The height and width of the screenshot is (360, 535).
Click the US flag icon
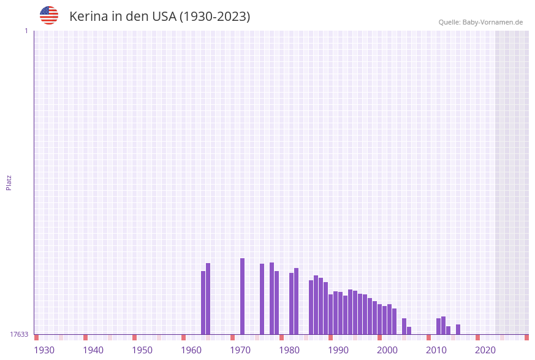(x=49, y=15)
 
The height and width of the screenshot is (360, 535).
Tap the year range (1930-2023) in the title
(x=214, y=17)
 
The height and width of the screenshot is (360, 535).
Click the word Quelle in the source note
(x=449, y=22)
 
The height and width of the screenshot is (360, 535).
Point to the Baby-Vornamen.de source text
(x=493, y=22)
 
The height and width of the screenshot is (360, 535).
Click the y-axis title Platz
(x=9, y=182)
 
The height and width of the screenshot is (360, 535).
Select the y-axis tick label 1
(x=26, y=31)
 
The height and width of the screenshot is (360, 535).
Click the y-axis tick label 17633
(x=19, y=334)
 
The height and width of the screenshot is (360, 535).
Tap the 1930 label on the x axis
(x=44, y=350)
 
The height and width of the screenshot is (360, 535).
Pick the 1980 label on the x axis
(x=289, y=350)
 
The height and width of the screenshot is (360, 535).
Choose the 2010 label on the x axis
(x=436, y=350)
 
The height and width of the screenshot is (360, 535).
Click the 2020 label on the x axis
(x=485, y=350)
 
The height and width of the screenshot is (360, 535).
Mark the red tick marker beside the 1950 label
(x=134, y=337)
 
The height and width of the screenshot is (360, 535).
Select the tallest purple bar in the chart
(x=242, y=296)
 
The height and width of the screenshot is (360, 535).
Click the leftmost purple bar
(x=203, y=302)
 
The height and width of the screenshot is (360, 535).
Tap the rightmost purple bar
(x=458, y=329)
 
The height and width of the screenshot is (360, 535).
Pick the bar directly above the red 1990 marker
(x=330, y=314)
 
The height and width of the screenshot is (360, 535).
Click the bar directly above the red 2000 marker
(x=379, y=319)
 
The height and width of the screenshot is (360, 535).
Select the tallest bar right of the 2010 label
(x=443, y=325)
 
